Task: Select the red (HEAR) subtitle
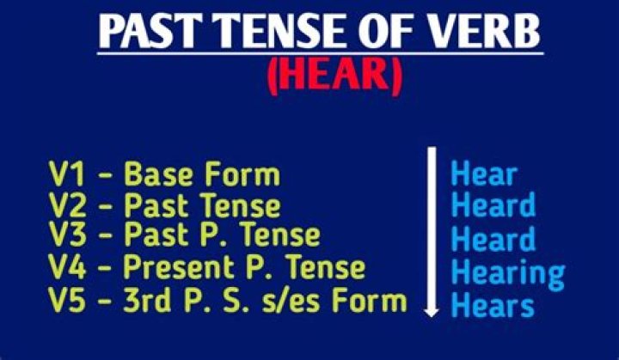[x=334, y=79]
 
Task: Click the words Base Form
[x=202, y=174]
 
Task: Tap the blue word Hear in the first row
[x=484, y=174]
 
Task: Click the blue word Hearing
[x=508, y=273]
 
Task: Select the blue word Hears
[x=493, y=304]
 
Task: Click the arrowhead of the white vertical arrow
[x=432, y=308]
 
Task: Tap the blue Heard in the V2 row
[x=493, y=205]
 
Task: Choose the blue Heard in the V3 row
[x=493, y=238]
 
